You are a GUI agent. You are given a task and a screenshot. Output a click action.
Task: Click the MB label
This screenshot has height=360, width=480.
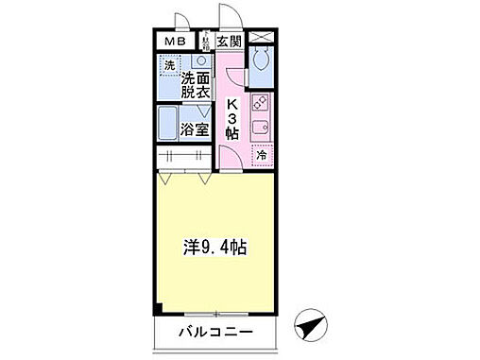pos(176,42)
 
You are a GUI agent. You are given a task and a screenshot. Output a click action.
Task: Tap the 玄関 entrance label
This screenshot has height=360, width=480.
pos(230,42)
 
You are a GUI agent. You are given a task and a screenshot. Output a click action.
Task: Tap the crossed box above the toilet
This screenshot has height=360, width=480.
pos(263,42)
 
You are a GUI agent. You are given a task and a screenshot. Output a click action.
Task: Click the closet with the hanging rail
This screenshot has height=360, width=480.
pos(184,157)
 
